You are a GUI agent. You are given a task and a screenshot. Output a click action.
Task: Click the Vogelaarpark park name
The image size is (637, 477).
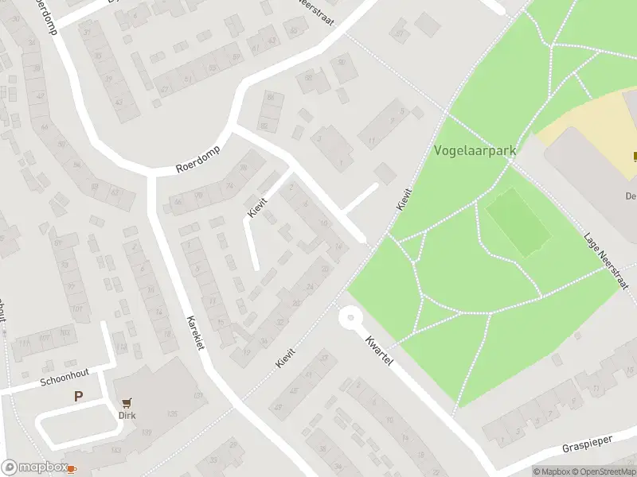pyautogui.click(x=475, y=149)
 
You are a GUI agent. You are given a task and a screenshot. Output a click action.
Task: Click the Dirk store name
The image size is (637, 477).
pyautogui.click(x=127, y=415)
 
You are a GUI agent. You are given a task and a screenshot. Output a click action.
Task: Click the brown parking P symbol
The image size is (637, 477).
pyautogui.click(x=79, y=396)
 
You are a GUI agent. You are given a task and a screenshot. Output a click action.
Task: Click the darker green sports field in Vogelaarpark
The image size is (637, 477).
pyautogui.click(x=518, y=225)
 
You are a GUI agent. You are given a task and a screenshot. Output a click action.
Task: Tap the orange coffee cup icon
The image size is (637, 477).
pyautogui.click(x=72, y=468)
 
